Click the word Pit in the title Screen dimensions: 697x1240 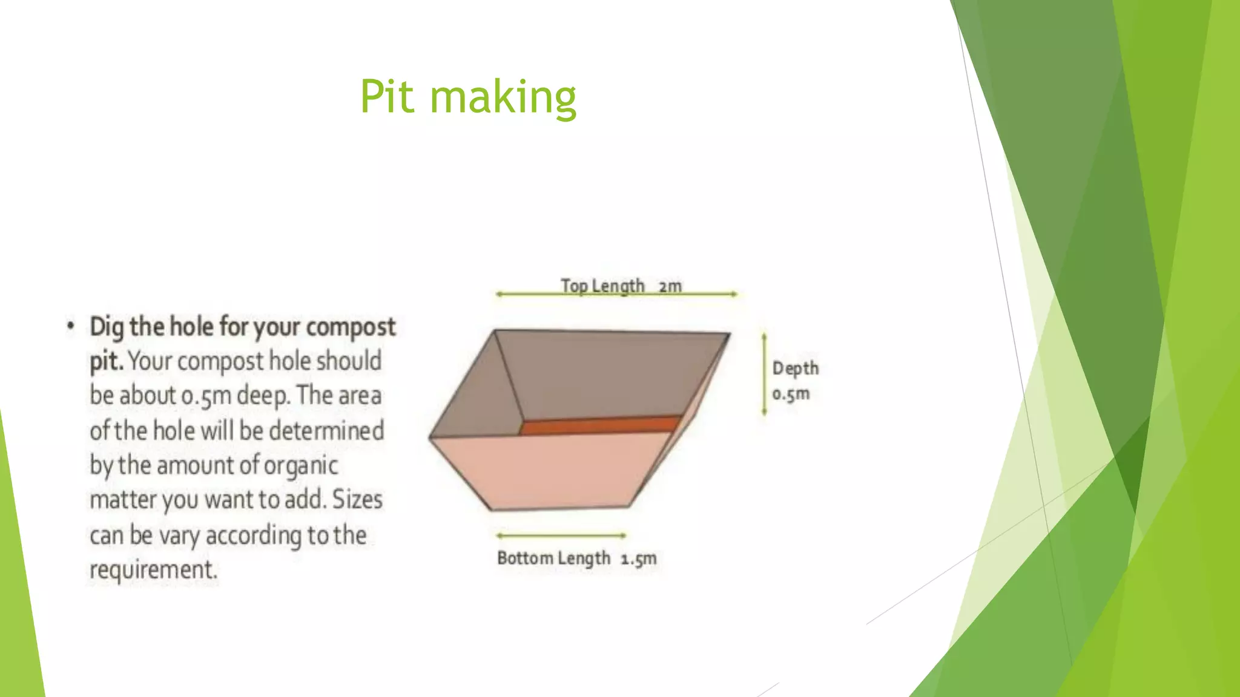pos(387,97)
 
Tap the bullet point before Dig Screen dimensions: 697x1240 pos(71,327)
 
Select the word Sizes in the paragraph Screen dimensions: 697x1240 pos(357,500)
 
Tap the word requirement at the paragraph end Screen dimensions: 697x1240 pos(153,570)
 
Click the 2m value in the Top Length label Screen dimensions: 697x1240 pos(670,286)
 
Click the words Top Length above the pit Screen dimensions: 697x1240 pos(602,286)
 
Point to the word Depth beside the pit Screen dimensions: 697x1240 pos(795,368)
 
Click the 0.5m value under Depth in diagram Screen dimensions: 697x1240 pos(791,394)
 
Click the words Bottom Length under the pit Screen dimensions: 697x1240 pos(553,558)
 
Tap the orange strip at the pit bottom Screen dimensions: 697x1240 pos(599,425)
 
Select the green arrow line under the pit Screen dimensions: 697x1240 pos(561,535)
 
